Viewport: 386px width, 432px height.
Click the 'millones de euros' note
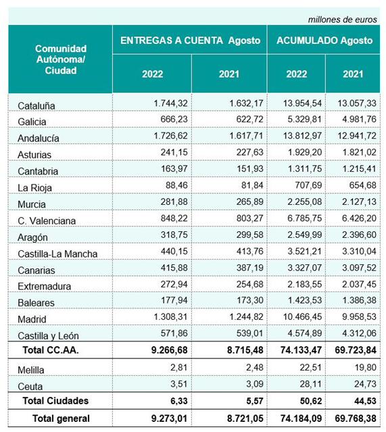(342, 20)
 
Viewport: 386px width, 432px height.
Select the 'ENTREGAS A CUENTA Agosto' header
(190, 41)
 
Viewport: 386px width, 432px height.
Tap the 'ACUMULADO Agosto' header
(324, 41)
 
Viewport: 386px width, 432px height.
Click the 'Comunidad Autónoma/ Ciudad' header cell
(61, 59)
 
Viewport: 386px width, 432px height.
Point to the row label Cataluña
(36, 105)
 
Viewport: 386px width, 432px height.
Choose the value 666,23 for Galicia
(174, 119)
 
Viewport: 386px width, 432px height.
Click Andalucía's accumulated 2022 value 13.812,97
(302, 136)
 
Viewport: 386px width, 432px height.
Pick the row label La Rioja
(34, 188)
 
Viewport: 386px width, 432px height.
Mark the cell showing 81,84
(252, 185)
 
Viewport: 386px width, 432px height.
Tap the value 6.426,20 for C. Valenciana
(359, 218)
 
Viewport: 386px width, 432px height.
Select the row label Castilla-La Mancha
(57, 254)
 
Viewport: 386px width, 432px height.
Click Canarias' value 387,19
(249, 268)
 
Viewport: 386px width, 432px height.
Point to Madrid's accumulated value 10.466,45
(302, 316)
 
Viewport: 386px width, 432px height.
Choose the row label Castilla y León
(48, 336)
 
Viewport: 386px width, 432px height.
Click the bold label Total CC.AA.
(51, 350)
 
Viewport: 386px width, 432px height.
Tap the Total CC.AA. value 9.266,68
(169, 350)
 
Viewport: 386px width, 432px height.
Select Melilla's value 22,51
(310, 368)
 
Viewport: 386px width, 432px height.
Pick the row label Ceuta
(30, 387)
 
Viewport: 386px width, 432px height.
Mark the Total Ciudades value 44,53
(365, 401)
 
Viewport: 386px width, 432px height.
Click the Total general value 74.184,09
(301, 418)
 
